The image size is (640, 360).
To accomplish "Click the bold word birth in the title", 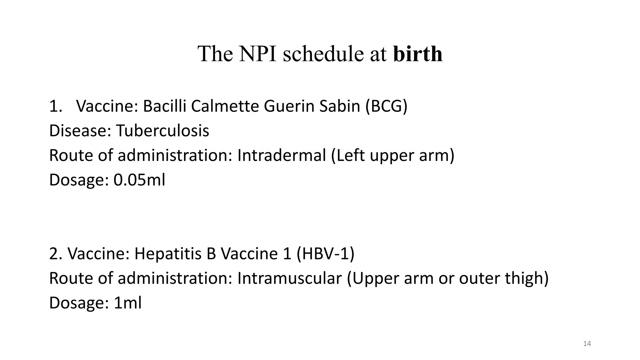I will [x=418, y=54].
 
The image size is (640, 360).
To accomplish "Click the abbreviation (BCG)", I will [x=387, y=107].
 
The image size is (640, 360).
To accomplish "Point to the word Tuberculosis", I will [x=162, y=131].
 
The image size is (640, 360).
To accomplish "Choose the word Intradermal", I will [x=282, y=155].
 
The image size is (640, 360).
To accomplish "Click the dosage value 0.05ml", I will [x=139, y=180].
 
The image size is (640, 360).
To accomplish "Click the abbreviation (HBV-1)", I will [x=326, y=253].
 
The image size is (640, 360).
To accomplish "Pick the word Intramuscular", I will [x=289, y=278].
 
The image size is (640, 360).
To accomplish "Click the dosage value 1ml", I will [x=127, y=303].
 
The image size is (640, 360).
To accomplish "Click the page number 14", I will [x=587, y=344].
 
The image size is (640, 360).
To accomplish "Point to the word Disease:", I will [x=80, y=131].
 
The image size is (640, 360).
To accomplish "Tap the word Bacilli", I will [x=164, y=106].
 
